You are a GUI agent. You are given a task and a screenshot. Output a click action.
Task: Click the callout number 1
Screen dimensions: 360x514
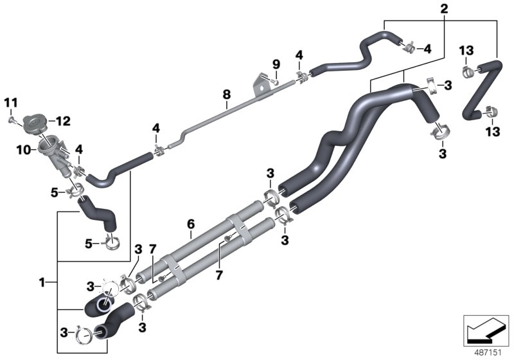tap(42, 282)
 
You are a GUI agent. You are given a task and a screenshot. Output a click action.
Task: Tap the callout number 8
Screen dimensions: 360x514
tap(226, 95)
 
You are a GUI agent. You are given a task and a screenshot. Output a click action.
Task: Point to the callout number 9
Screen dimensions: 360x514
tap(276, 64)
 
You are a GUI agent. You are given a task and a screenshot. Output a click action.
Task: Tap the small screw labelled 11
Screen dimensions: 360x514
tap(12, 120)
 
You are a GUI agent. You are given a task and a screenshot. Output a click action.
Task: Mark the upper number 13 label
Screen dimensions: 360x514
tap(466, 51)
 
